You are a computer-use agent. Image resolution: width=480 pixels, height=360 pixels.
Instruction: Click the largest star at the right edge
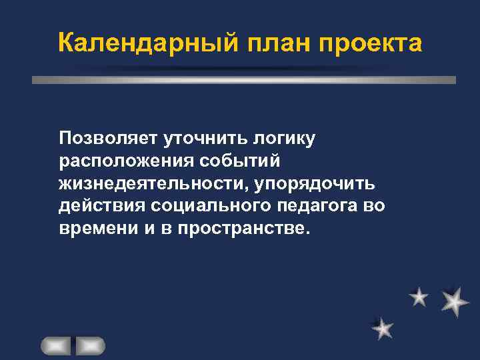(455, 301)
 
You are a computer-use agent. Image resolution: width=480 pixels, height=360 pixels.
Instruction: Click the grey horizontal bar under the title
(244, 79)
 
